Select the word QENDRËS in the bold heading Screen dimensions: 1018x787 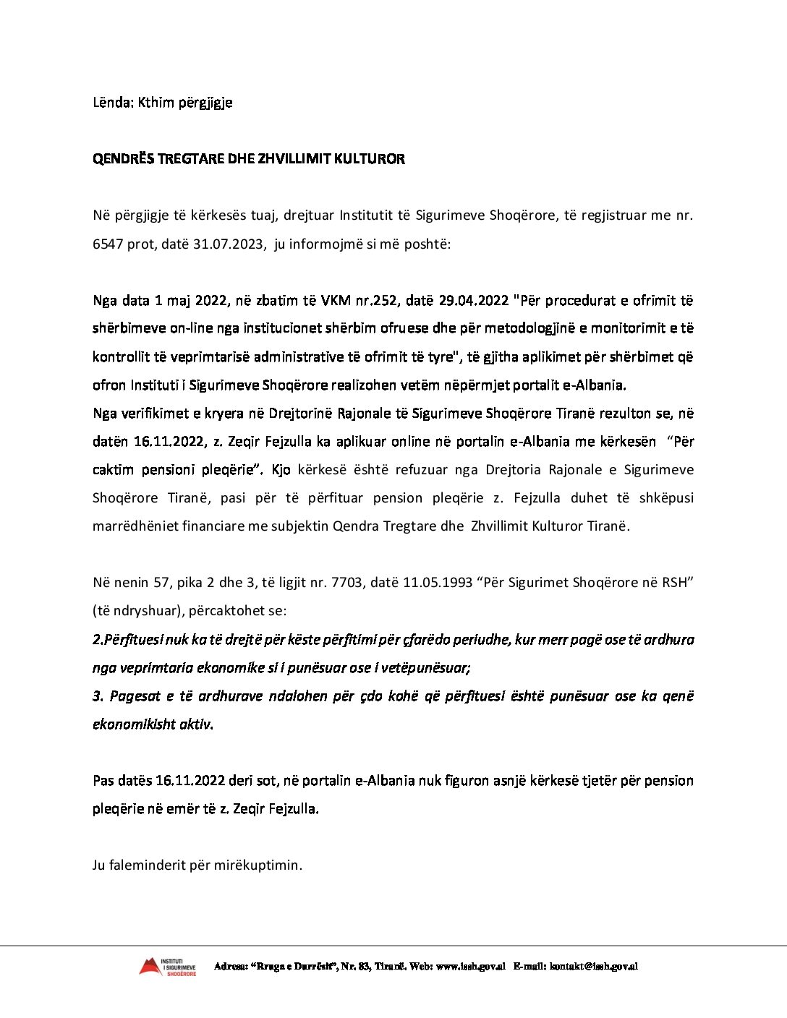pyautogui.click(x=124, y=159)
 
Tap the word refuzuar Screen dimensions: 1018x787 pyautogui.click(x=421, y=470)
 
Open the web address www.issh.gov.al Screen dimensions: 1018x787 pyautogui.click(x=471, y=967)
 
